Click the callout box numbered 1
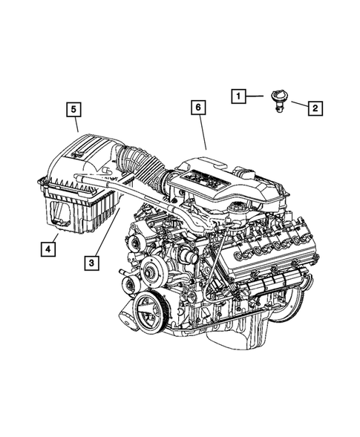click(x=238, y=96)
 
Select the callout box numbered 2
click(x=315, y=109)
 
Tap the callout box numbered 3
click(x=91, y=261)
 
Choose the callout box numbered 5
click(x=73, y=110)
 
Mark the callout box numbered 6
click(x=198, y=108)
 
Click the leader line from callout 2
click(x=296, y=106)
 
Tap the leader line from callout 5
click(x=76, y=125)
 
